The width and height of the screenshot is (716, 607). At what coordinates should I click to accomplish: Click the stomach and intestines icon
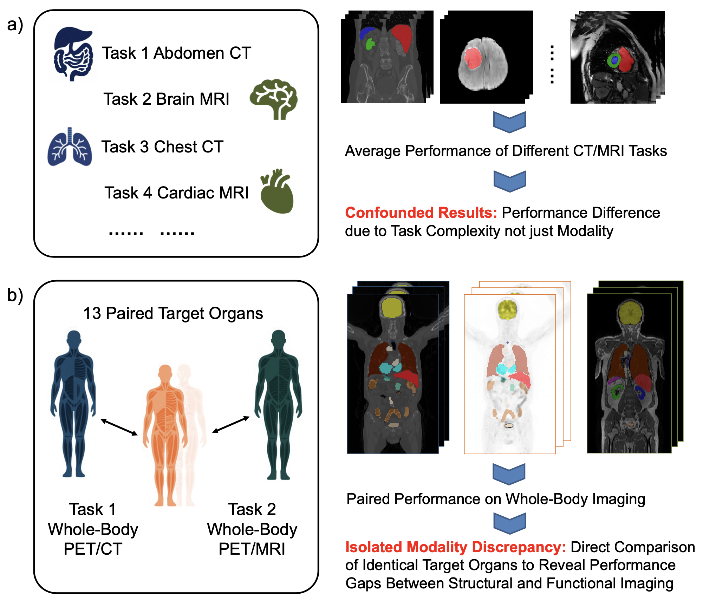click(73, 54)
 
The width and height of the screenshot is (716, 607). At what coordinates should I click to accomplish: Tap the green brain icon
click(274, 99)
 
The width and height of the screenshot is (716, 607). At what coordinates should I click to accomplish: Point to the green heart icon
click(277, 192)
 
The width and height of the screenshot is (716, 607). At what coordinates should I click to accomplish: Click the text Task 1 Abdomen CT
click(176, 53)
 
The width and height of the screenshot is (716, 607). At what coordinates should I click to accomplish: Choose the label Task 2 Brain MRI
click(166, 99)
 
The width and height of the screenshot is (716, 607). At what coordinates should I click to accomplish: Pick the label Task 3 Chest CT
click(162, 147)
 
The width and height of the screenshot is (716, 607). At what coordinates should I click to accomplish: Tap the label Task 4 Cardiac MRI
click(176, 193)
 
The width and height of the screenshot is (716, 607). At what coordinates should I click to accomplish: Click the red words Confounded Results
click(421, 213)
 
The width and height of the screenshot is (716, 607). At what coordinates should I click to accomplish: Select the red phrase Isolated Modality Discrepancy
click(455, 547)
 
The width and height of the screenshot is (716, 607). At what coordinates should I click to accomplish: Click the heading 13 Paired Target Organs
click(173, 313)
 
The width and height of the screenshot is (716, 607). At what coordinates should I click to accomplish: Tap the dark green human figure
click(279, 404)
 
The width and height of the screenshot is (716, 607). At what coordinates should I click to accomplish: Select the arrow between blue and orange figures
click(119, 427)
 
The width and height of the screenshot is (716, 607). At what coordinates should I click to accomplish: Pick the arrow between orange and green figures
click(231, 424)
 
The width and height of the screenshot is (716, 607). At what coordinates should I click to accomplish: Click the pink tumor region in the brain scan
click(473, 58)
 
